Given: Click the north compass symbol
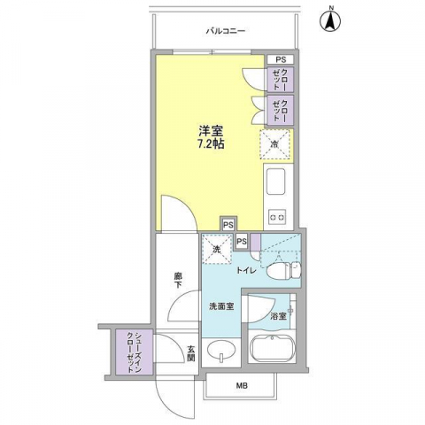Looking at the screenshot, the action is coord(330,20).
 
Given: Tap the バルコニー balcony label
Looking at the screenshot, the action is coord(226,31).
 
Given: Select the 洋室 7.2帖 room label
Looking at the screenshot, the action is coord(211,137).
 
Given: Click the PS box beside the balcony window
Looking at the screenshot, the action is coord(281,59).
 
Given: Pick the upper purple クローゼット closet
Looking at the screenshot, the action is coord(281,80).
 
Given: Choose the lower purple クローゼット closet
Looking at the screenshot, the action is coord(281,111).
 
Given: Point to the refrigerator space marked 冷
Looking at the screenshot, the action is coord(274,144).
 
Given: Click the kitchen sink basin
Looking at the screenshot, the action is coord(275,182).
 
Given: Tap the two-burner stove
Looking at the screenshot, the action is coord(277,218).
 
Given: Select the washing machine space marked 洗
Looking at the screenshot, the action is coord(217,249).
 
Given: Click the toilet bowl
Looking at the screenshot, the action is coord(283,270).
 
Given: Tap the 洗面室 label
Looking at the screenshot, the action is coord(221,306).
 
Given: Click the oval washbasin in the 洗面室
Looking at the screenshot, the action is coord(221,351).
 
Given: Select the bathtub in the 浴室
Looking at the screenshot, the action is coord(273,349).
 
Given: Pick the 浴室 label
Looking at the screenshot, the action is coord(278,317).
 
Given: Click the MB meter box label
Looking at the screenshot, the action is coord(242,385).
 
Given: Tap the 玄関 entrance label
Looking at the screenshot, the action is coord(190,354).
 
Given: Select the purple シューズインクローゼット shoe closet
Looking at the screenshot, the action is coord(135,352).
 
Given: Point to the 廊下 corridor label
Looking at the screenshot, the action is coord(178,281).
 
